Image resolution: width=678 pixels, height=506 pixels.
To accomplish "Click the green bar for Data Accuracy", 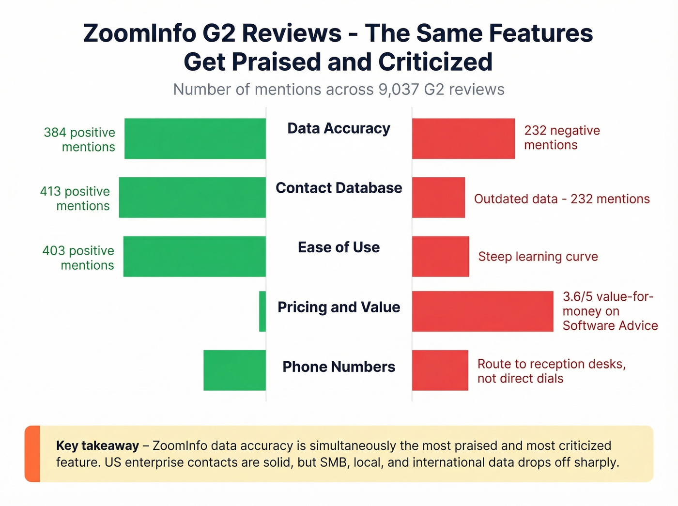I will [195, 138].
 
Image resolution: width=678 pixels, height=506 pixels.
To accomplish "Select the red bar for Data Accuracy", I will [463, 138].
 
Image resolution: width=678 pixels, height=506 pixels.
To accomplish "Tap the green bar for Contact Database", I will [192, 198].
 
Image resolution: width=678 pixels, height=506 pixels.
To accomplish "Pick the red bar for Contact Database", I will [438, 198].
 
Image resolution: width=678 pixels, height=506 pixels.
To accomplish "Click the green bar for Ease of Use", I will [194, 257].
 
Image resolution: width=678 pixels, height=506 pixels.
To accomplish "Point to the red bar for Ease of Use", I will [440, 257].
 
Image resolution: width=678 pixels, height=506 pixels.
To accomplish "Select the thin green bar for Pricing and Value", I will [262, 311].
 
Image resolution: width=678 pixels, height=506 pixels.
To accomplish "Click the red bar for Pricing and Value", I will [482, 311].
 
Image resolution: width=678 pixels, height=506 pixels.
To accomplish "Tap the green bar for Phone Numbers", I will [234, 370].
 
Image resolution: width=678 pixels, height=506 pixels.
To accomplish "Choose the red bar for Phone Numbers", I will [440, 370].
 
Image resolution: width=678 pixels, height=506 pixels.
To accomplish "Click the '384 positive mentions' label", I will [79, 139].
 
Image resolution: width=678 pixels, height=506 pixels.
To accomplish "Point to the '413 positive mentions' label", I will [75, 199].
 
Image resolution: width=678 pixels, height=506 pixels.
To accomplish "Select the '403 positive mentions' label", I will [78, 258].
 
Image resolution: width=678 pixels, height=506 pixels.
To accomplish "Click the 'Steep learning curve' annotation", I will [538, 257].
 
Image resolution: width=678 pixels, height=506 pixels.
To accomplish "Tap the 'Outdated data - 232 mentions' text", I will [562, 199].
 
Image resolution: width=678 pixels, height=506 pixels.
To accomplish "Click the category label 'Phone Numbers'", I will [339, 367].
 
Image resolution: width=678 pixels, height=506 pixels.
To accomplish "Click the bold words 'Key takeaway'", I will [97, 445].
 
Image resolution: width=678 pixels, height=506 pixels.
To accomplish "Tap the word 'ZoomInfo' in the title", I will [139, 34].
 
